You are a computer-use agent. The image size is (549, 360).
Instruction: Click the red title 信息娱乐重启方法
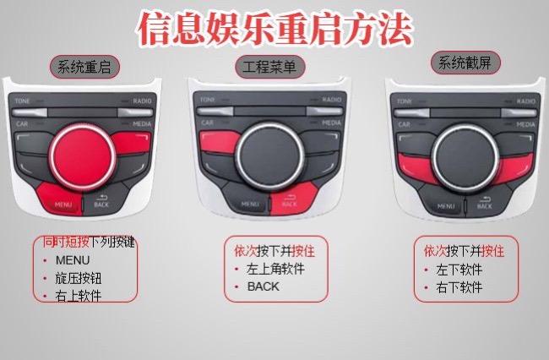275,28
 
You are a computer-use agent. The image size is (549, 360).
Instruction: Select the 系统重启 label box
85,67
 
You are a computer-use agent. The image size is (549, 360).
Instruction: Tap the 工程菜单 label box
269,67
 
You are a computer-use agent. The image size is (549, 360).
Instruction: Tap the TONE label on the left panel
23,101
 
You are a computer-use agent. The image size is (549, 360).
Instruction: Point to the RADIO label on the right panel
525,101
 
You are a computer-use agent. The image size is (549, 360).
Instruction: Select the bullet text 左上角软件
275,269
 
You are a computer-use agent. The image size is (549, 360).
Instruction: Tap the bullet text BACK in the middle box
263,286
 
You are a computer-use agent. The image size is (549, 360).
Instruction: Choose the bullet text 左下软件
459,270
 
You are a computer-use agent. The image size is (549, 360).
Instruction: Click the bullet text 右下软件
459,287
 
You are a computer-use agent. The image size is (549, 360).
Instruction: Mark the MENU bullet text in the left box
72,260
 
